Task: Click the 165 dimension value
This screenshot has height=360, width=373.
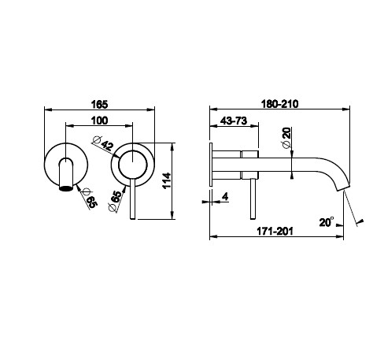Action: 99,104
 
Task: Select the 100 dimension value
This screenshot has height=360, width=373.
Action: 99,121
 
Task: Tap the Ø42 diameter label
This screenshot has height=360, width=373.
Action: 104,143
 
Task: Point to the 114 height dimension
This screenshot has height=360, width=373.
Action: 167,180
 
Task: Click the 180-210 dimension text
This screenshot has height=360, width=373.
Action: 280,104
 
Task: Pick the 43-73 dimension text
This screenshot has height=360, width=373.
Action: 234,121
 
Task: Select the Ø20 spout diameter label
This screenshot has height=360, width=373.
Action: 286,138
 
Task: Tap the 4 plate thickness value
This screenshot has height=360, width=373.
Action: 225,196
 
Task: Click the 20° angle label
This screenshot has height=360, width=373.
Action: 327,222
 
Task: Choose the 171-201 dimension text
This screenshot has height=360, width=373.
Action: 275,232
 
